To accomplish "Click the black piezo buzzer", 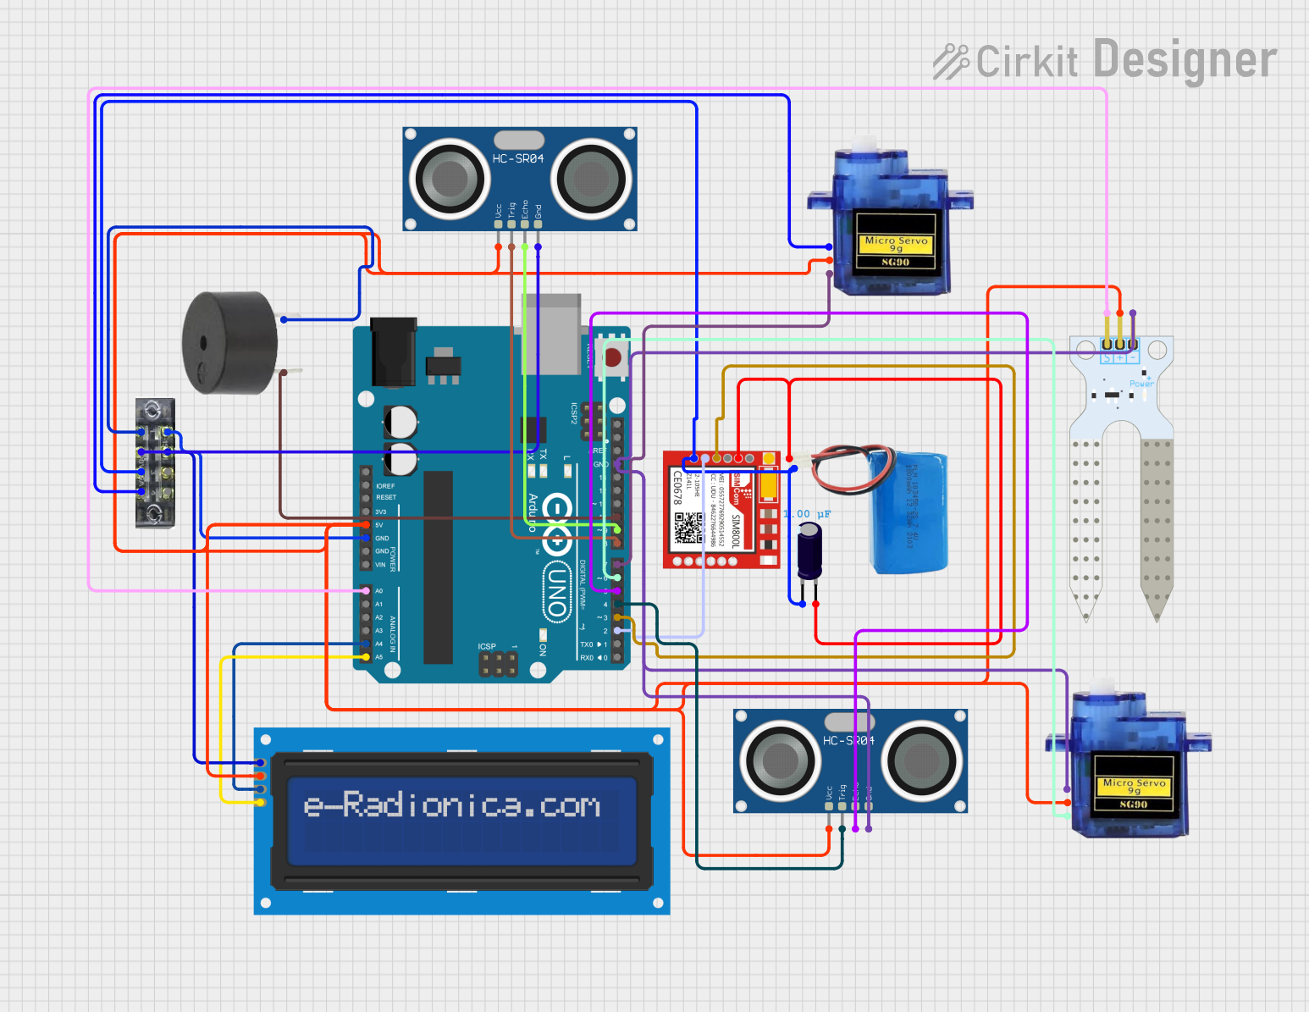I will [x=229, y=342].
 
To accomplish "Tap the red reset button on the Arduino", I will [x=612, y=358].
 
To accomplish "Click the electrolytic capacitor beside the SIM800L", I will [x=809, y=551].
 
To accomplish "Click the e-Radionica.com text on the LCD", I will [x=452, y=805].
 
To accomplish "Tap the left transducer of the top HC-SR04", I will [x=450, y=178].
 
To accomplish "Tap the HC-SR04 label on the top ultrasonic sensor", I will [x=518, y=158].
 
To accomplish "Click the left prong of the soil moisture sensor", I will [x=1085, y=525].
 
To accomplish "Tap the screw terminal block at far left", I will [x=156, y=462].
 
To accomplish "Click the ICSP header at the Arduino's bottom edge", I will [x=499, y=662].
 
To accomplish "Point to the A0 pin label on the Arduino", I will [x=378, y=590].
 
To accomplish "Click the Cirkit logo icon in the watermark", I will [x=951, y=62].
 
